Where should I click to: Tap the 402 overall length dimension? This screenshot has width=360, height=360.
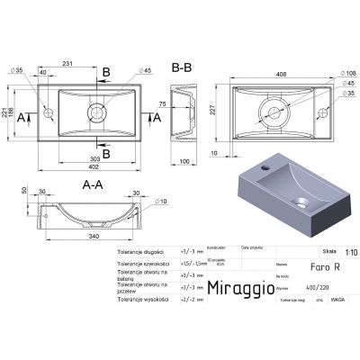tap(87, 169)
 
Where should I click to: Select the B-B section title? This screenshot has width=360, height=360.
tap(179, 66)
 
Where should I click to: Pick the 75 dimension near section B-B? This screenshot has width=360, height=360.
tap(202, 104)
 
